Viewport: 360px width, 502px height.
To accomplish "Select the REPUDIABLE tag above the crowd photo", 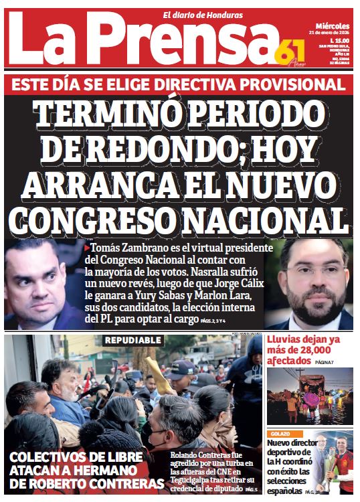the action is pos(132,341).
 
